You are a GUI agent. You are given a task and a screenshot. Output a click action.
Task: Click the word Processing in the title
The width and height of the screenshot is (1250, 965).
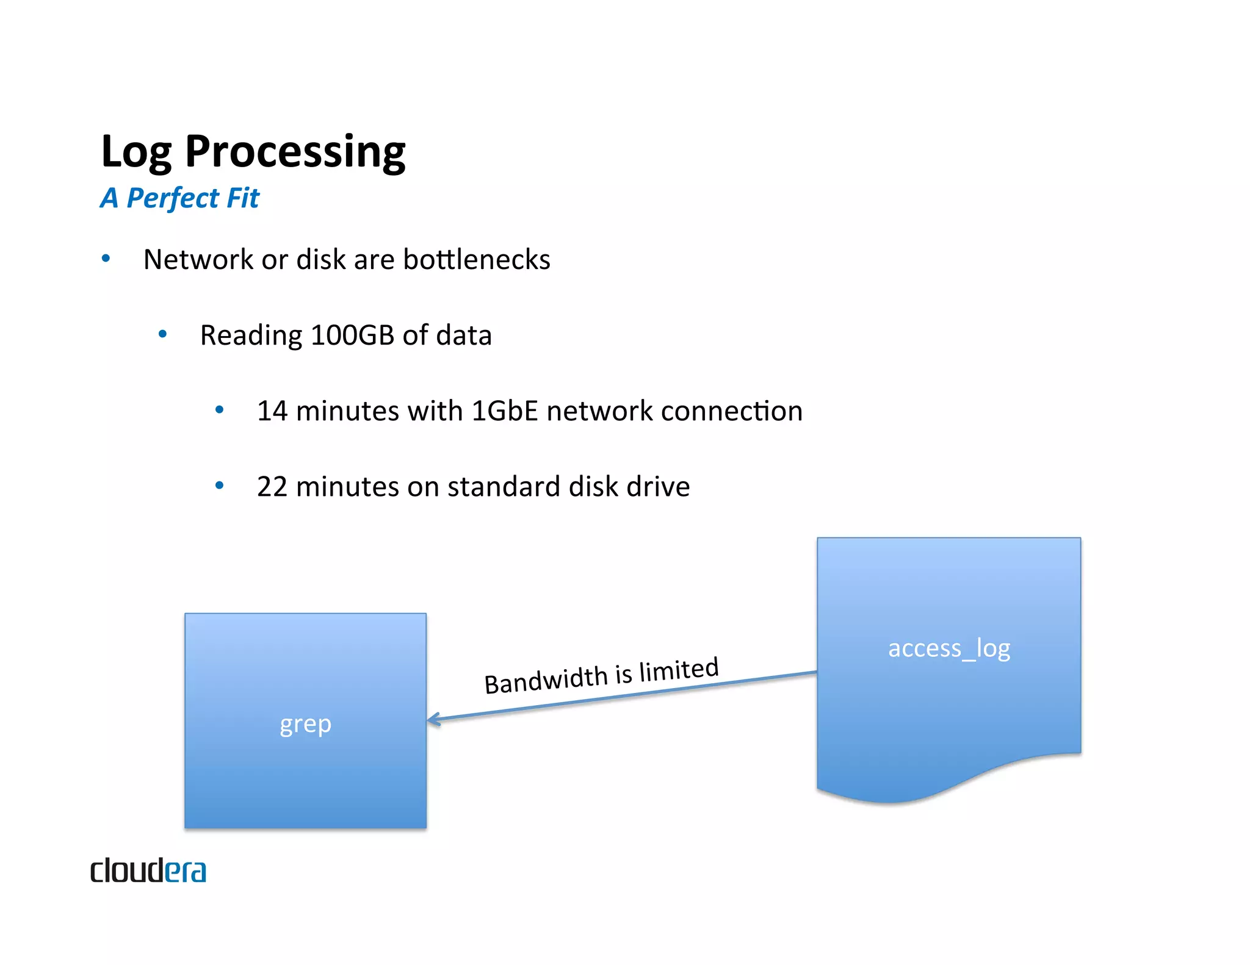tap(295, 151)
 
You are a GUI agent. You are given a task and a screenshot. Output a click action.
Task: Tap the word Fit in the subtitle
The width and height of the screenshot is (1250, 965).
tap(243, 198)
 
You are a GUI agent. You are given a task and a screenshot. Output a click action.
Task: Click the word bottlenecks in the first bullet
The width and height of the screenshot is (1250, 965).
tap(476, 260)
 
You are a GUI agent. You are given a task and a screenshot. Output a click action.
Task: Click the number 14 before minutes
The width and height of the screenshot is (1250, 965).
tap(272, 411)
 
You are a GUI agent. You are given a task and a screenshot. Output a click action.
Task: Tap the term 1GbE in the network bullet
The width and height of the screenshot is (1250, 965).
tap(505, 411)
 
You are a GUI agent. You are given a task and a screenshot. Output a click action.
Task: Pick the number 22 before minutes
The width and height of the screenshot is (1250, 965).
tap(272, 487)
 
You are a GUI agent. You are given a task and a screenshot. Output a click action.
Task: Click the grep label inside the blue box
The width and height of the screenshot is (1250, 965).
tap(305, 724)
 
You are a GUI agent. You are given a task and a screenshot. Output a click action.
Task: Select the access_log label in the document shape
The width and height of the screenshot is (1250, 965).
tap(948, 648)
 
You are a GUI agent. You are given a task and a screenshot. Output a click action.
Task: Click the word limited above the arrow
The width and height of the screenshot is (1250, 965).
tap(679, 670)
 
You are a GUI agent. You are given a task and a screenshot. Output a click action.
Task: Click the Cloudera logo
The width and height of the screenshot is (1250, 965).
tap(148, 870)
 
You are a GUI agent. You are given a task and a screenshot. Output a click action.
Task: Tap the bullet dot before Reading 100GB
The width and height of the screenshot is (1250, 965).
tap(162, 334)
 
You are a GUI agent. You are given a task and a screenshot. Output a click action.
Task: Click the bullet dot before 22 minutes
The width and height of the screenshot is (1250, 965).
tap(219, 486)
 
